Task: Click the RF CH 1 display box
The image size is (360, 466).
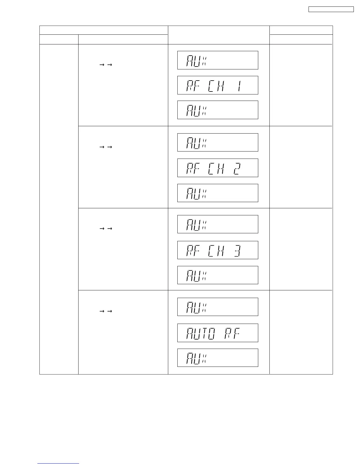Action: [x=218, y=85]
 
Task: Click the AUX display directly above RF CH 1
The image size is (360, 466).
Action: [x=218, y=60]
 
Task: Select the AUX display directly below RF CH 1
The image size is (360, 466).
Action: [x=218, y=110]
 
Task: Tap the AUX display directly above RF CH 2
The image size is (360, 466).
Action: [x=218, y=142]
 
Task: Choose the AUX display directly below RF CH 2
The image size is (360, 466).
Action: [x=218, y=193]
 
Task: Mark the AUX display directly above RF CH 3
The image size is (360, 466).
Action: [x=218, y=224]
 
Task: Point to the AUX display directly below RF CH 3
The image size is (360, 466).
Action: [x=218, y=275]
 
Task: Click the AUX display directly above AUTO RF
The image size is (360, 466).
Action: [x=218, y=307]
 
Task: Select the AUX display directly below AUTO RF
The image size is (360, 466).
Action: [x=218, y=358]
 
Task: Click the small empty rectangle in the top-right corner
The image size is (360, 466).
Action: [x=331, y=9]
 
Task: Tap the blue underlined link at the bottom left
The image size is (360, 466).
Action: [x=58, y=464]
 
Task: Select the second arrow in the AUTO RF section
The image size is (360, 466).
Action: [x=110, y=311]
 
